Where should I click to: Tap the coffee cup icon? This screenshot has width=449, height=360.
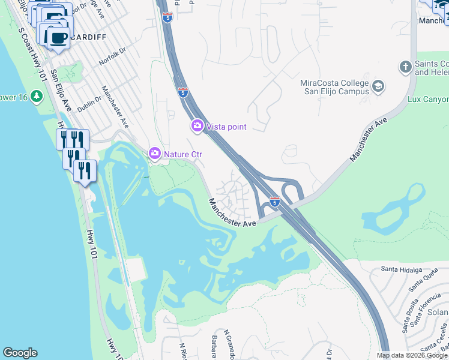58,38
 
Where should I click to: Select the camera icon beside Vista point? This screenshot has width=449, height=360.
197,126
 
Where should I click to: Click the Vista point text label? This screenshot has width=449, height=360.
226,127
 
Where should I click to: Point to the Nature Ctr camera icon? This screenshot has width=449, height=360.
155,154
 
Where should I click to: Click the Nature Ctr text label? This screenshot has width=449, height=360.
183,154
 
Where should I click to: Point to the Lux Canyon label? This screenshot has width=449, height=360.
427,99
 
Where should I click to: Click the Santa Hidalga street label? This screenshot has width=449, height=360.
402,270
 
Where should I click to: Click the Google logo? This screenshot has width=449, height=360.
20,353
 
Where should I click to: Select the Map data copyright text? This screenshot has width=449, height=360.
412,355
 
